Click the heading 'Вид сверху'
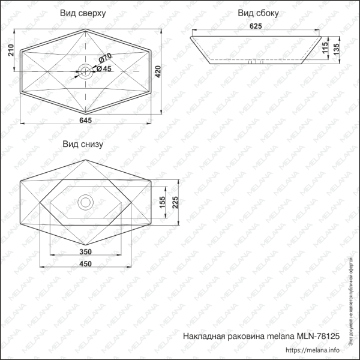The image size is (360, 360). [x=83, y=12]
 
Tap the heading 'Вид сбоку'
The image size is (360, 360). [x=258, y=13]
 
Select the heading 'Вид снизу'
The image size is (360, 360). [x=83, y=145]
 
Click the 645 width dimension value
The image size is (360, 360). [x=85, y=121]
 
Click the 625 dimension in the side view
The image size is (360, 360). [x=256, y=26]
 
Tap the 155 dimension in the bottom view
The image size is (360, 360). [x=162, y=203]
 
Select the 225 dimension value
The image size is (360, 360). [x=175, y=203]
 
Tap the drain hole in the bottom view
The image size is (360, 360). [x=85, y=202]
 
